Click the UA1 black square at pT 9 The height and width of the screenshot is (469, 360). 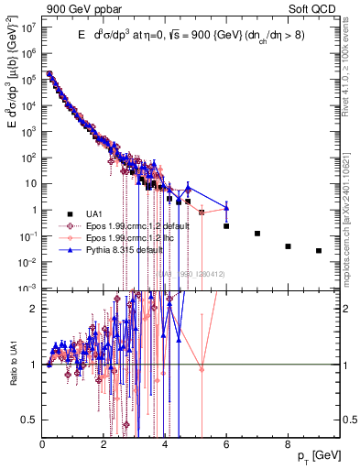319,251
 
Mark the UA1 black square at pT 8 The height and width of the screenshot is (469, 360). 288,246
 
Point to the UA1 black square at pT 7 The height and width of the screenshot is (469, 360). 257,234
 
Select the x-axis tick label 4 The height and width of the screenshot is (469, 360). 165,445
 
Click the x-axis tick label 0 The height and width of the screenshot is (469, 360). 43,445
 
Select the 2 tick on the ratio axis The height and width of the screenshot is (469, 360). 35,309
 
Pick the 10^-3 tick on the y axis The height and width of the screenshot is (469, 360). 30,289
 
